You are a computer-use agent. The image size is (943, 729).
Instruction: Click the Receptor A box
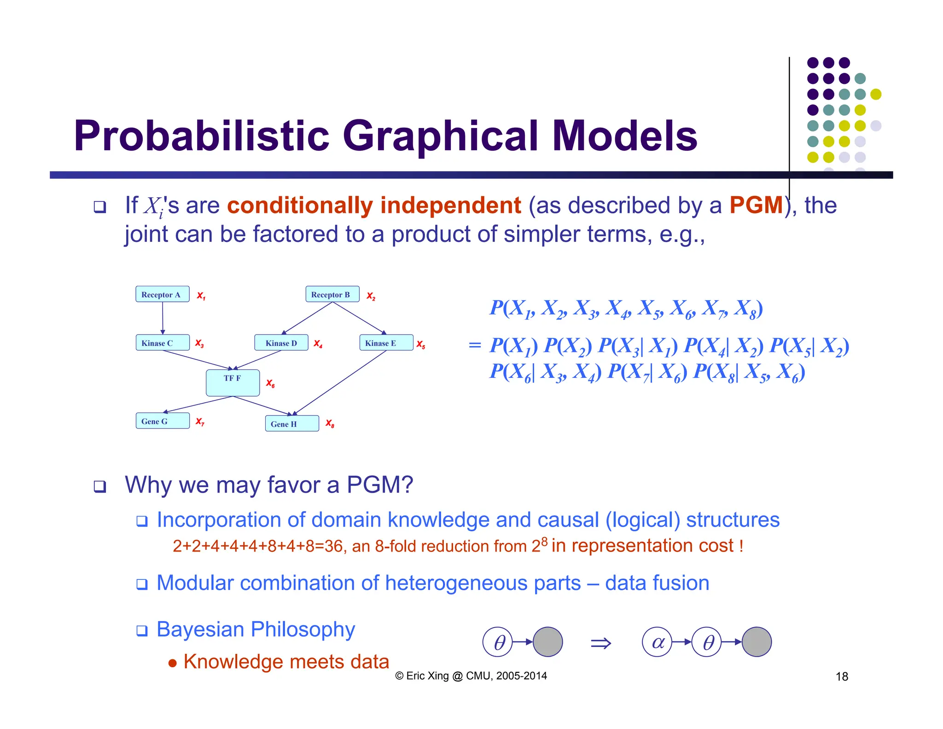coord(162,294)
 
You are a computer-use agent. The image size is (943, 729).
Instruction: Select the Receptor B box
coord(332,294)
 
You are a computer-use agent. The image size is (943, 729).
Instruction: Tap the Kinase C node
coord(162,342)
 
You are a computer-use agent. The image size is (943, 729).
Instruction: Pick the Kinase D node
coord(281,342)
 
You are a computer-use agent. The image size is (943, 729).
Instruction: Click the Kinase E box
coord(386,342)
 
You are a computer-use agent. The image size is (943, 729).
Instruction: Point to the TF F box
coord(233,382)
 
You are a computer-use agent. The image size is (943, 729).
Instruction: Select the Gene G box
coord(162,421)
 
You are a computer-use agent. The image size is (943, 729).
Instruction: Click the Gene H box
coord(291,423)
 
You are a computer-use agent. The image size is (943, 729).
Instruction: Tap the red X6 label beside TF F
coord(270,383)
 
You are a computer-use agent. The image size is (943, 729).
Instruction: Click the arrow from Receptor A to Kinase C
coord(163,318)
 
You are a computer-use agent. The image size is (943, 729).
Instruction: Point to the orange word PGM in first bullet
coord(756,205)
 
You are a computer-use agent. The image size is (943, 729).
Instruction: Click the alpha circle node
coord(657,641)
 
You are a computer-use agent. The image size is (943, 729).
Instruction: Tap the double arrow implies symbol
coord(600,643)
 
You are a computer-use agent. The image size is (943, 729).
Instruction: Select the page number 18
coord(841,676)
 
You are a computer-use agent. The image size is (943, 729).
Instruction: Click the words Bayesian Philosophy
coord(256,629)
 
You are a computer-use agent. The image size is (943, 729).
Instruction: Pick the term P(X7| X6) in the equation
coord(646,372)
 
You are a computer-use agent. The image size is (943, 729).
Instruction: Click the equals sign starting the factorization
coord(474,345)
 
